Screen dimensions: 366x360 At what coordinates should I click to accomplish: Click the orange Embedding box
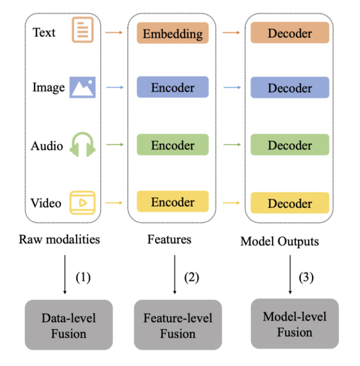click(x=172, y=33)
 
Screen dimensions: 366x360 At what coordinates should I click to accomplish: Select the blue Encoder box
click(x=172, y=88)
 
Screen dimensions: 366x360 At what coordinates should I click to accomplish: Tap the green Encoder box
click(x=172, y=145)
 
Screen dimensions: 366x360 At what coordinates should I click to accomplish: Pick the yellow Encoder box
click(x=172, y=202)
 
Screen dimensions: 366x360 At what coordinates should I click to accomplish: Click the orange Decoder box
click(x=289, y=33)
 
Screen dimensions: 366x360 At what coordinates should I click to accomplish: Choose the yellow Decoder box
click(x=289, y=203)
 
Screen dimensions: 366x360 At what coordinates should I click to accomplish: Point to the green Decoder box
click(x=289, y=145)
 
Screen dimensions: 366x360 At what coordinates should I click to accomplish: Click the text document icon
click(x=82, y=30)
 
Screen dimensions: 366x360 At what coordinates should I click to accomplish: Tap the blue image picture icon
click(x=82, y=87)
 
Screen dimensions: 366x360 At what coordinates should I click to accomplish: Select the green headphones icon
click(x=82, y=144)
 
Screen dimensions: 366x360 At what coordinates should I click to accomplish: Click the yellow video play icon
click(x=82, y=202)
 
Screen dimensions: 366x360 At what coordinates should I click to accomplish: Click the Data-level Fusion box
click(x=69, y=325)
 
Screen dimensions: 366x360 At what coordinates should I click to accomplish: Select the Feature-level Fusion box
click(x=178, y=325)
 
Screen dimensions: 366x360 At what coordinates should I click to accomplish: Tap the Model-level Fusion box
click(x=295, y=324)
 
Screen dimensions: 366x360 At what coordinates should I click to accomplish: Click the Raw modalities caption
click(x=59, y=239)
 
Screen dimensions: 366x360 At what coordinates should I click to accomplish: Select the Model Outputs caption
click(x=279, y=241)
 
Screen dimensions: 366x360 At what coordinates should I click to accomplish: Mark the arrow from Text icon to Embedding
click(x=114, y=33)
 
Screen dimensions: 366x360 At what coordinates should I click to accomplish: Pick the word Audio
click(x=47, y=146)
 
